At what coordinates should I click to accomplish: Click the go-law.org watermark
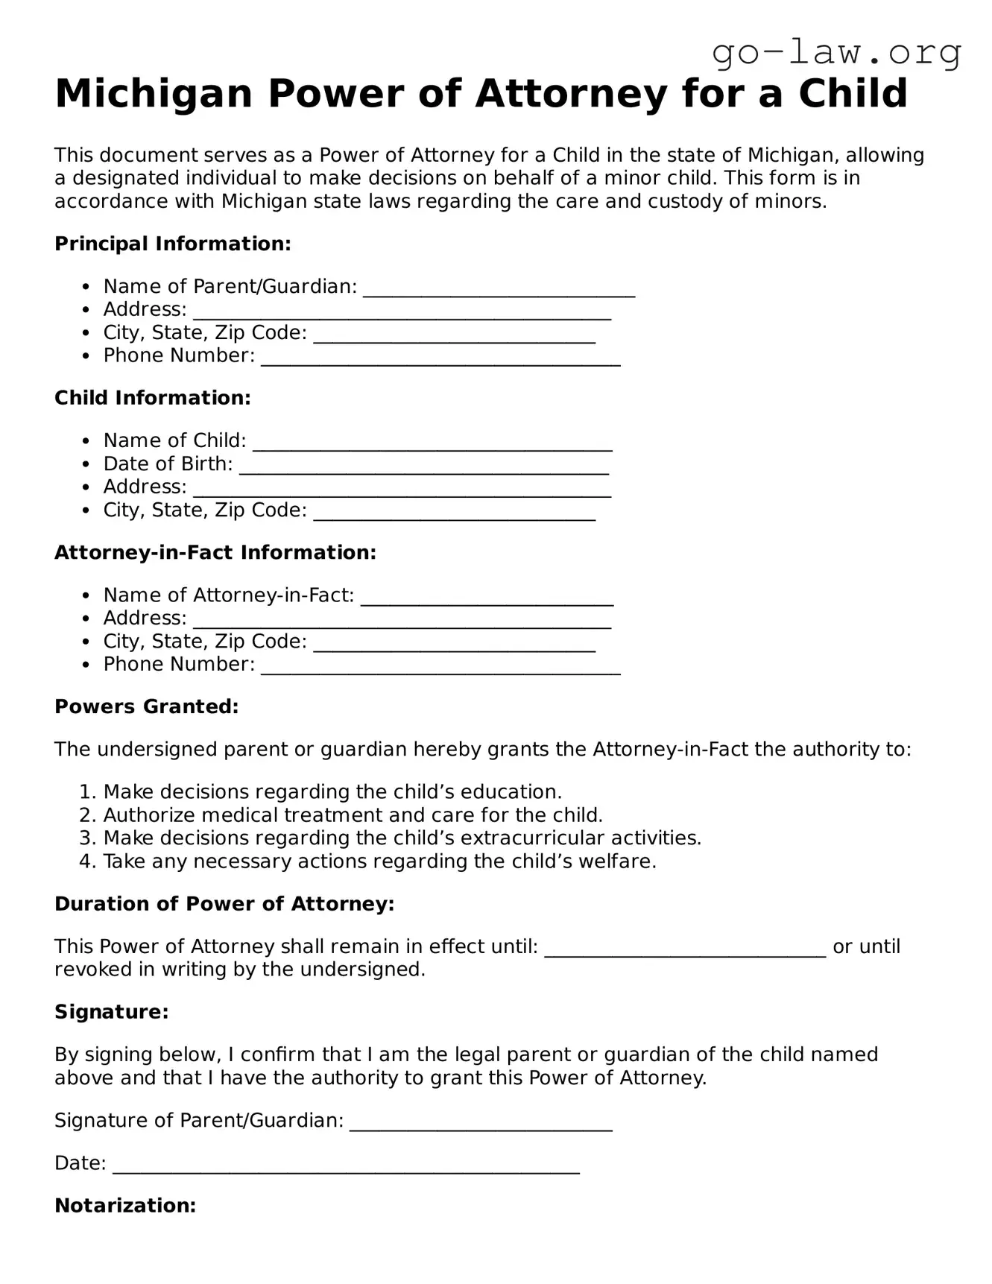pos(836,52)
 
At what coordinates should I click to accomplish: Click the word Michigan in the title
pos(154,94)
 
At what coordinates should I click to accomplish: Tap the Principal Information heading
pos(172,244)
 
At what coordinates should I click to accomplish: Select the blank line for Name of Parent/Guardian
pos(499,291)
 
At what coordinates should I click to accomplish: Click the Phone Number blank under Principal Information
pos(440,360)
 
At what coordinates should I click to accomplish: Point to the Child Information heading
pos(153,398)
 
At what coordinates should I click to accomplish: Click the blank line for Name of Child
pos(432,445)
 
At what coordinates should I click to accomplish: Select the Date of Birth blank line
pos(423,468)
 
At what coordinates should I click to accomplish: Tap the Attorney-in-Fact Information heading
pos(215,552)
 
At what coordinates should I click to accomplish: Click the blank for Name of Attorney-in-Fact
pos(487,600)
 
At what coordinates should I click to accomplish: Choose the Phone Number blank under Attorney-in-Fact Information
pos(440,668)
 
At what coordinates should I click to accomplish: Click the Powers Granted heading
pos(147,706)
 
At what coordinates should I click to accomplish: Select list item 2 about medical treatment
pos(353,815)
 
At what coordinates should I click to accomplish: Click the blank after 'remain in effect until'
pos(685,951)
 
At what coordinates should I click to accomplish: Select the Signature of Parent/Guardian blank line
pos(481,1125)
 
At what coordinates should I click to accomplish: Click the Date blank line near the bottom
pos(346,1168)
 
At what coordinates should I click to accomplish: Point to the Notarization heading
pos(125,1206)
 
